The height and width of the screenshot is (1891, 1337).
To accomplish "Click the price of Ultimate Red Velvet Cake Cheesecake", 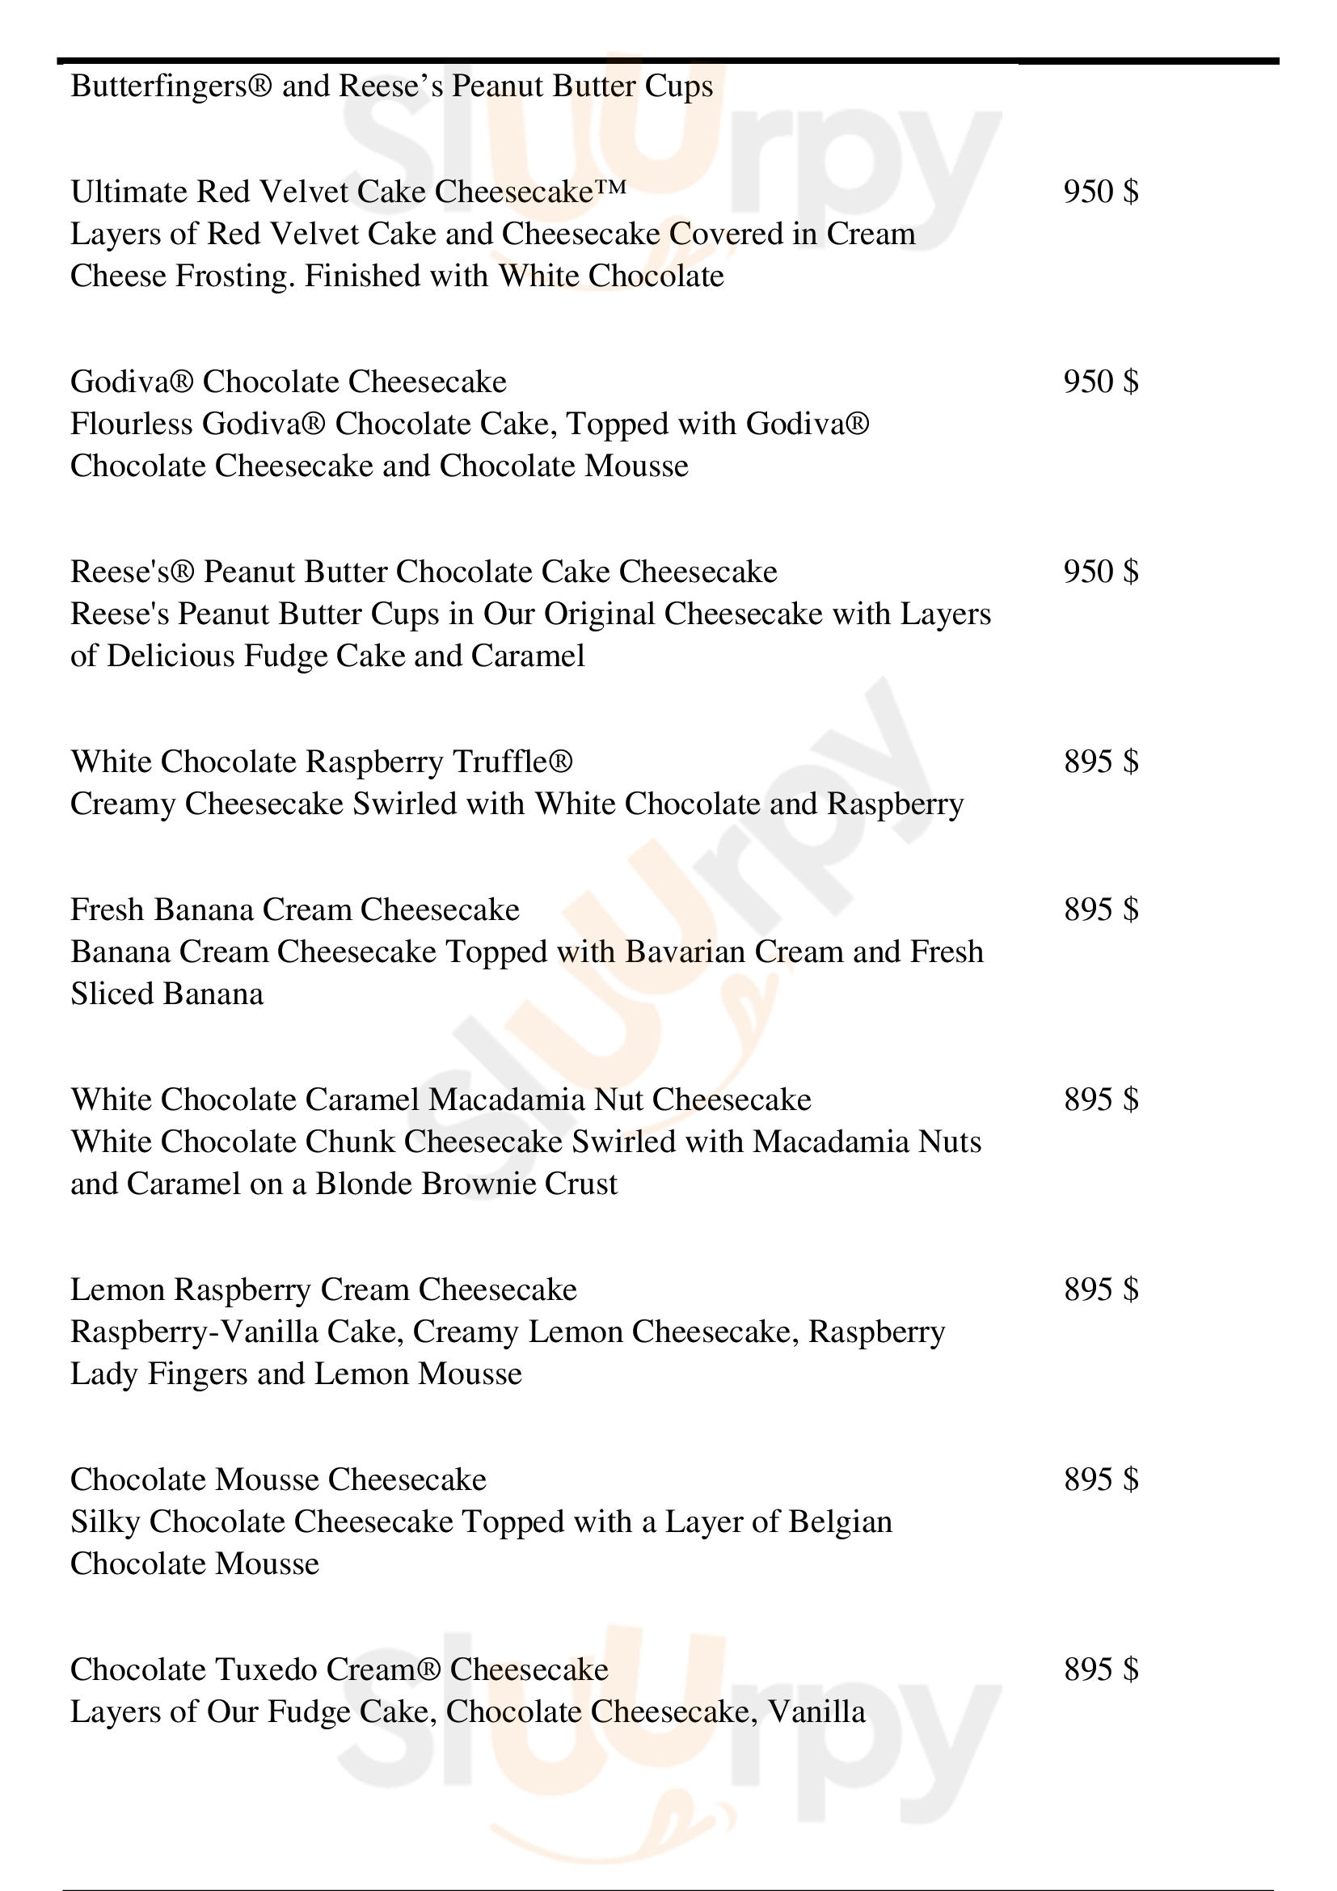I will pos(1101,192).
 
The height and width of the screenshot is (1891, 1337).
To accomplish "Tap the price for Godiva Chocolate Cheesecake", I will pos(1101,382).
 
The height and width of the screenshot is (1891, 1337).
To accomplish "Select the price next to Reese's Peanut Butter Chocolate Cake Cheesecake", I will pos(1101,572).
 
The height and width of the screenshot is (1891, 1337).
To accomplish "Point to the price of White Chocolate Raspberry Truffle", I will pos(1101,762).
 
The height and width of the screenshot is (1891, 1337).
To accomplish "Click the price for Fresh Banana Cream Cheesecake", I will pos(1101,910).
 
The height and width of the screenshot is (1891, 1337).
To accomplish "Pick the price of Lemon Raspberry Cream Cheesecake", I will pos(1101,1290).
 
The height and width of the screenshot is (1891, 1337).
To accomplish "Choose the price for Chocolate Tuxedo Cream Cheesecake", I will pos(1101,1669).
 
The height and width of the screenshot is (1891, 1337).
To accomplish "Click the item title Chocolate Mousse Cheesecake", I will pos(278,1480).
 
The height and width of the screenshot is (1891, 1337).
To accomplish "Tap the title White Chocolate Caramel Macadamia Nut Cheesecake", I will pos(441,1100).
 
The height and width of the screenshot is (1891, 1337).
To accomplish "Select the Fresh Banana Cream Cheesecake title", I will pos(295,910).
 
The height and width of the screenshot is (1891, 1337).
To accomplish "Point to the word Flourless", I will pos(131,425).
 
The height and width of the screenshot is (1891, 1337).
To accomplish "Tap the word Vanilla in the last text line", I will pos(816,1712).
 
